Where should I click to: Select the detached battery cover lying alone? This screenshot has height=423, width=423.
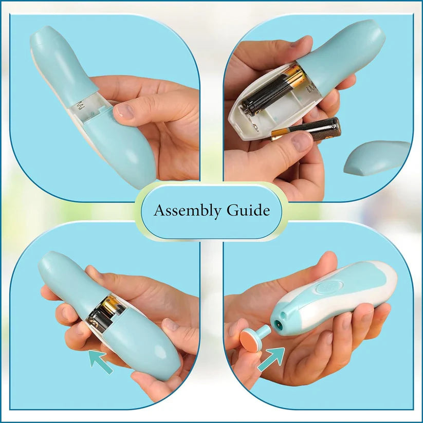pyautogui.click(x=377, y=156)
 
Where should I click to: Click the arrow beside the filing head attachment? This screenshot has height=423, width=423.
pyautogui.click(x=271, y=358)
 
